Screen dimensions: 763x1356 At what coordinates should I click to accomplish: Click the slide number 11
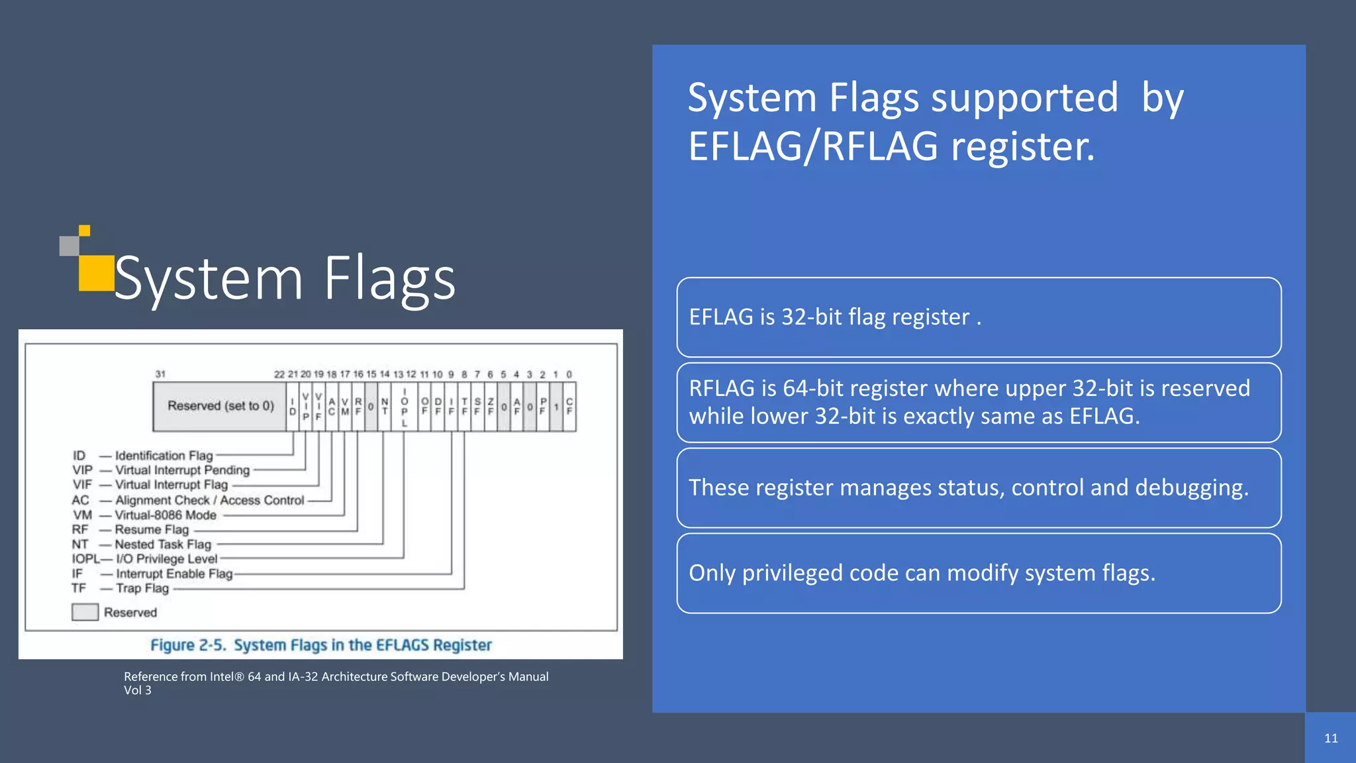tap(1331, 738)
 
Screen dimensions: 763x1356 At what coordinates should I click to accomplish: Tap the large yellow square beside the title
tap(96, 273)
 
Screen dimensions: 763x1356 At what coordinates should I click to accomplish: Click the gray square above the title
tap(69, 246)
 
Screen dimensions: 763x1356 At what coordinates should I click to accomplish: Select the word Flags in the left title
tap(389, 278)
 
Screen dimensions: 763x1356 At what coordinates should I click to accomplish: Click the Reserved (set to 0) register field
tap(220, 406)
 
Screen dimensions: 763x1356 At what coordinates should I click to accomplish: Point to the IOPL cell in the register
tap(404, 407)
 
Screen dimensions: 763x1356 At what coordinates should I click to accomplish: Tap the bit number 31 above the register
tap(160, 374)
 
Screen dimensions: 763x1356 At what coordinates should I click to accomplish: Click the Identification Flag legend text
tap(164, 456)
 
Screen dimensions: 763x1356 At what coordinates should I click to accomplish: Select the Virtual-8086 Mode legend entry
tap(166, 515)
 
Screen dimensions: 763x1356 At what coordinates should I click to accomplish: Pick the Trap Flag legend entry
tap(142, 588)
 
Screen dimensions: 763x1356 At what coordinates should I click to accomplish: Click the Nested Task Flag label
tap(163, 544)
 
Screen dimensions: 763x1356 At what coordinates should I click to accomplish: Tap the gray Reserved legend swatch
tap(85, 612)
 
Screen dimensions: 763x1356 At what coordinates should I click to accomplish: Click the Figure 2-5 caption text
tap(320, 645)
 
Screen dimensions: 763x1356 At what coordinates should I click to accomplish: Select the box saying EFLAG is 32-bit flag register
tap(979, 317)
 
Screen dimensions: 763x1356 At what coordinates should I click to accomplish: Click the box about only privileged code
tap(979, 573)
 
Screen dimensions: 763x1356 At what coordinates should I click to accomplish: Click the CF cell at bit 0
tap(569, 407)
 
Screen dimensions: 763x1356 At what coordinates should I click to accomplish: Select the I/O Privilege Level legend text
tap(167, 559)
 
